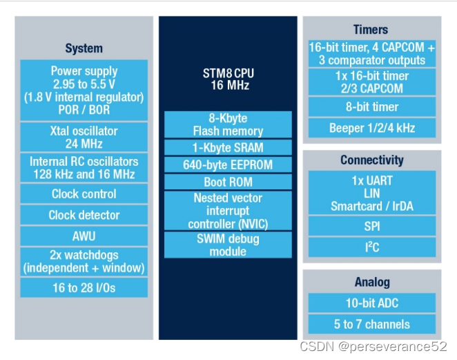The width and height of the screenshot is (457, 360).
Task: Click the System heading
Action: click(x=84, y=48)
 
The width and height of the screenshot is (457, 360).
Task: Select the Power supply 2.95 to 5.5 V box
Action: click(x=84, y=90)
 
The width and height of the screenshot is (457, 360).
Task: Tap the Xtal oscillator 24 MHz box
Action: click(x=84, y=137)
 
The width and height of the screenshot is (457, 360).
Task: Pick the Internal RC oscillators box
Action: click(x=84, y=167)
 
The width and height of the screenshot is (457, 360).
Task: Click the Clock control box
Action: click(x=84, y=193)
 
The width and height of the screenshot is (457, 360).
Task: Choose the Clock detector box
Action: click(x=84, y=215)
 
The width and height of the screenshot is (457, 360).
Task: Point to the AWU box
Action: click(x=84, y=236)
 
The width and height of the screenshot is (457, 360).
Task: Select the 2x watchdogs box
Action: click(x=84, y=260)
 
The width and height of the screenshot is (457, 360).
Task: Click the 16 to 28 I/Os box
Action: click(x=84, y=287)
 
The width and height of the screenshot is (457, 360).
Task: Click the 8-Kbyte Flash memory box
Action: click(x=228, y=124)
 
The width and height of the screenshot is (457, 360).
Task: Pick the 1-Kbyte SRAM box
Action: click(x=228, y=147)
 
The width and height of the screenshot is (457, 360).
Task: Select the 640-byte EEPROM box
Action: click(x=228, y=164)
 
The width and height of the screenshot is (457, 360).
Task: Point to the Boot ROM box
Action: click(x=228, y=182)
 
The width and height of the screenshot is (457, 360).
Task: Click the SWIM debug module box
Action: click(x=228, y=245)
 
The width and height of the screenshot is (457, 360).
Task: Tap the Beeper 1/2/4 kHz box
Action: click(x=372, y=128)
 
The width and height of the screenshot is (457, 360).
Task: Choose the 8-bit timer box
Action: click(x=372, y=106)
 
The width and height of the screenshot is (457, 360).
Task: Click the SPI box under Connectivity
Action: click(x=372, y=226)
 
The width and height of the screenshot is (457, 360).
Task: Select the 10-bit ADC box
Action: click(x=372, y=303)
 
